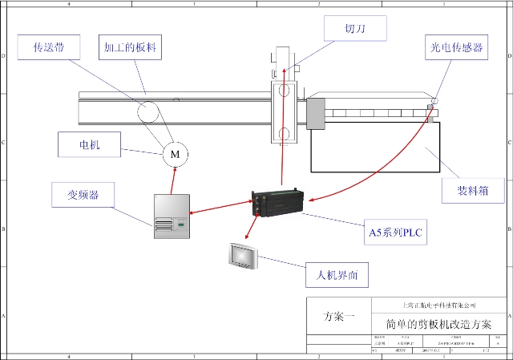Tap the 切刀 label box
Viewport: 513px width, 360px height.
(355, 29)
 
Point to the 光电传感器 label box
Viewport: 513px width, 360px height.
(456, 47)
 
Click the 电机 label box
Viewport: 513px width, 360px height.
(90, 145)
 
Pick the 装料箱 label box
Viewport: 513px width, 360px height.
(473, 191)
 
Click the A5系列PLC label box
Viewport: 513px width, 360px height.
(394, 233)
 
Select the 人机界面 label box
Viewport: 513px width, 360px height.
(337, 276)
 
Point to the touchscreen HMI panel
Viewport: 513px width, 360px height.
(241, 255)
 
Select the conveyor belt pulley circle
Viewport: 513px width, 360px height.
(147, 111)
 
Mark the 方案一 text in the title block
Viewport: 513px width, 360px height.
(339, 317)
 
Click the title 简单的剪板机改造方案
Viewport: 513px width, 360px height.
(438, 324)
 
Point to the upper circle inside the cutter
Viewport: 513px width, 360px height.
(284, 89)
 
